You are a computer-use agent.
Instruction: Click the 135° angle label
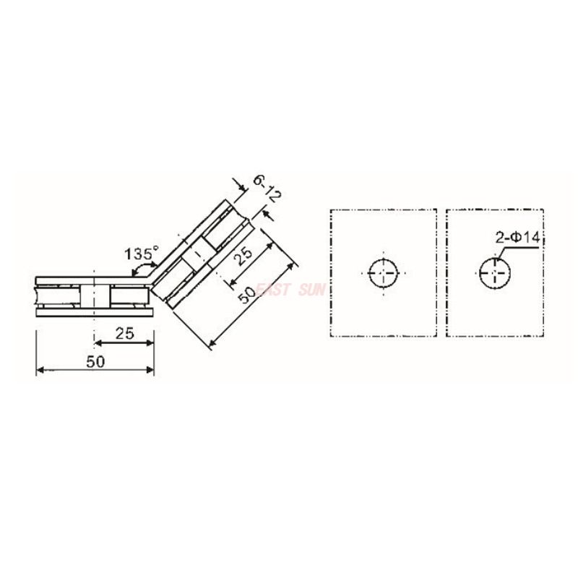pos(140,254)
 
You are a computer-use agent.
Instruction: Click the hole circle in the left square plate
pos(383,273)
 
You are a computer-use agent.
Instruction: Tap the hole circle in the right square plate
pos(494,273)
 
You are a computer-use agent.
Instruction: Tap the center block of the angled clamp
pos(196,258)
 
